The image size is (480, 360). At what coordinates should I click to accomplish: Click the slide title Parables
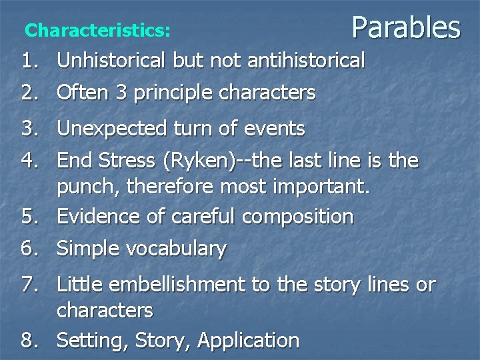405,28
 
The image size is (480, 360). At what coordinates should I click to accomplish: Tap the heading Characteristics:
97,31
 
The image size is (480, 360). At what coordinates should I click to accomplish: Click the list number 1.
30,61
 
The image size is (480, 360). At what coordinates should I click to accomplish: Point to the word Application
248,341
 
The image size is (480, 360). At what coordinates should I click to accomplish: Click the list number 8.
30,341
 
